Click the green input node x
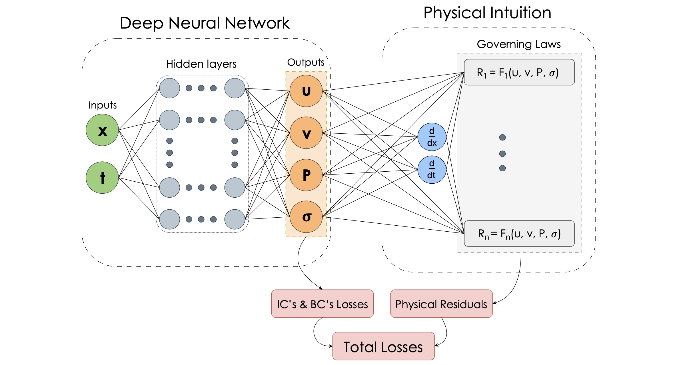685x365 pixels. (102, 130)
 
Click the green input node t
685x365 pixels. (102, 178)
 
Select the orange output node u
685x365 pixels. (306, 91)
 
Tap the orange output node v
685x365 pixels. (306, 133)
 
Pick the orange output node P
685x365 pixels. (306, 175)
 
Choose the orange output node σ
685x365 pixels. (306, 217)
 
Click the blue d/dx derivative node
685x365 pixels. (432, 137)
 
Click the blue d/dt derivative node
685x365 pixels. (432, 170)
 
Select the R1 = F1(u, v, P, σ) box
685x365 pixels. (519, 72)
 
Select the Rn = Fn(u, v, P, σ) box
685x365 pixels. (519, 233)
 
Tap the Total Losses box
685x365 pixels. (383, 346)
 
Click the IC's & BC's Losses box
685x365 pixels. (322, 304)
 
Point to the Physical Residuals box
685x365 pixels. (441, 304)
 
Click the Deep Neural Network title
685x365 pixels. (205, 23)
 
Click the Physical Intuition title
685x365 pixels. (487, 13)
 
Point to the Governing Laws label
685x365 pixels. (518, 44)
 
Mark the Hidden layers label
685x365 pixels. (201, 64)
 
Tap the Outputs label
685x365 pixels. (306, 62)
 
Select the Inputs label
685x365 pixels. (103, 105)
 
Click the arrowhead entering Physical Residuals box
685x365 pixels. (494, 303)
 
